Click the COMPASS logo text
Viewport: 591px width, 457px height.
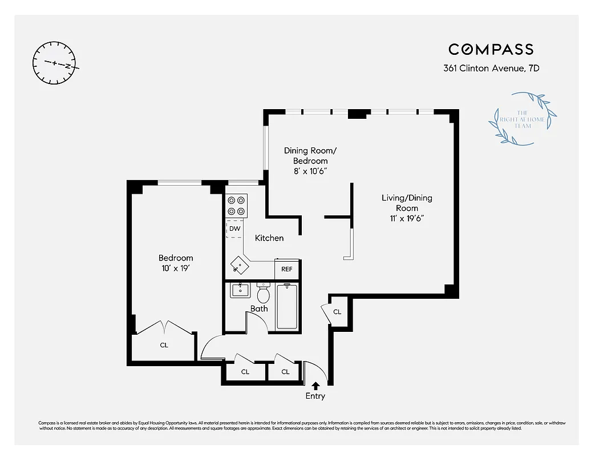click(x=491, y=50)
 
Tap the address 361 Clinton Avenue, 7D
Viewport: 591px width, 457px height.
click(x=491, y=68)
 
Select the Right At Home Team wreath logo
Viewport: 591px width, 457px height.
click(x=523, y=118)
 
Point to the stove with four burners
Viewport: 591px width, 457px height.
click(x=237, y=206)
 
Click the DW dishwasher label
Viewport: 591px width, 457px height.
click(x=234, y=228)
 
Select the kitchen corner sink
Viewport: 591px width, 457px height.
click(x=239, y=266)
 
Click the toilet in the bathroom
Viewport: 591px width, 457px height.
click(x=263, y=294)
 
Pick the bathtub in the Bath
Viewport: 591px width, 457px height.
click(x=287, y=306)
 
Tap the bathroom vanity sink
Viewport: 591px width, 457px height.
click(x=240, y=290)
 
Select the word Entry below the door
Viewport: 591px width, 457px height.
click(x=315, y=396)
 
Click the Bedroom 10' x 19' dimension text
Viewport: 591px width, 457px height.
click(x=175, y=268)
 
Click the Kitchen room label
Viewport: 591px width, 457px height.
click(x=269, y=238)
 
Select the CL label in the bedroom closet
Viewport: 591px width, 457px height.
click(x=164, y=345)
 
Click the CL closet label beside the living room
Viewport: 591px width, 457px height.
click(x=337, y=312)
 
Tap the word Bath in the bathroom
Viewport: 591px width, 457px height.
click(x=259, y=309)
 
